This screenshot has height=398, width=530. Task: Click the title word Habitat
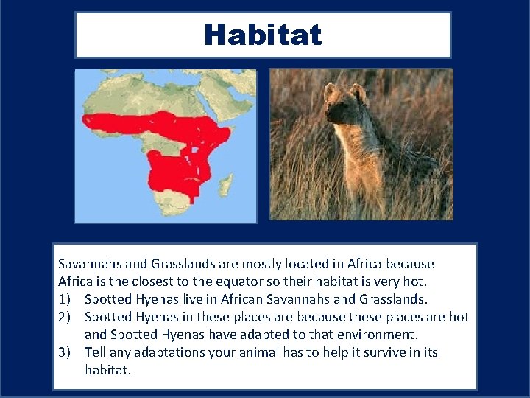pyautogui.click(x=263, y=35)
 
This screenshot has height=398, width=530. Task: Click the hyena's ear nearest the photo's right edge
pyautogui.click(x=358, y=92)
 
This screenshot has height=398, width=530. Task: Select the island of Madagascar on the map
pyautogui.click(x=227, y=182)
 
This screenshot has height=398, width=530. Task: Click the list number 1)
pyautogui.click(x=66, y=299)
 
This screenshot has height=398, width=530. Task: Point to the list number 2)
pyautogui.click(x=66, y=317)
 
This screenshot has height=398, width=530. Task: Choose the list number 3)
pyautogui.click(x=66, y=352)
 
